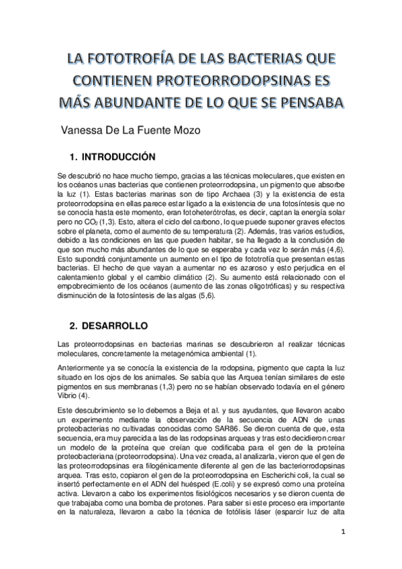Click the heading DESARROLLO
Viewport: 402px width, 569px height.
[114, 326]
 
